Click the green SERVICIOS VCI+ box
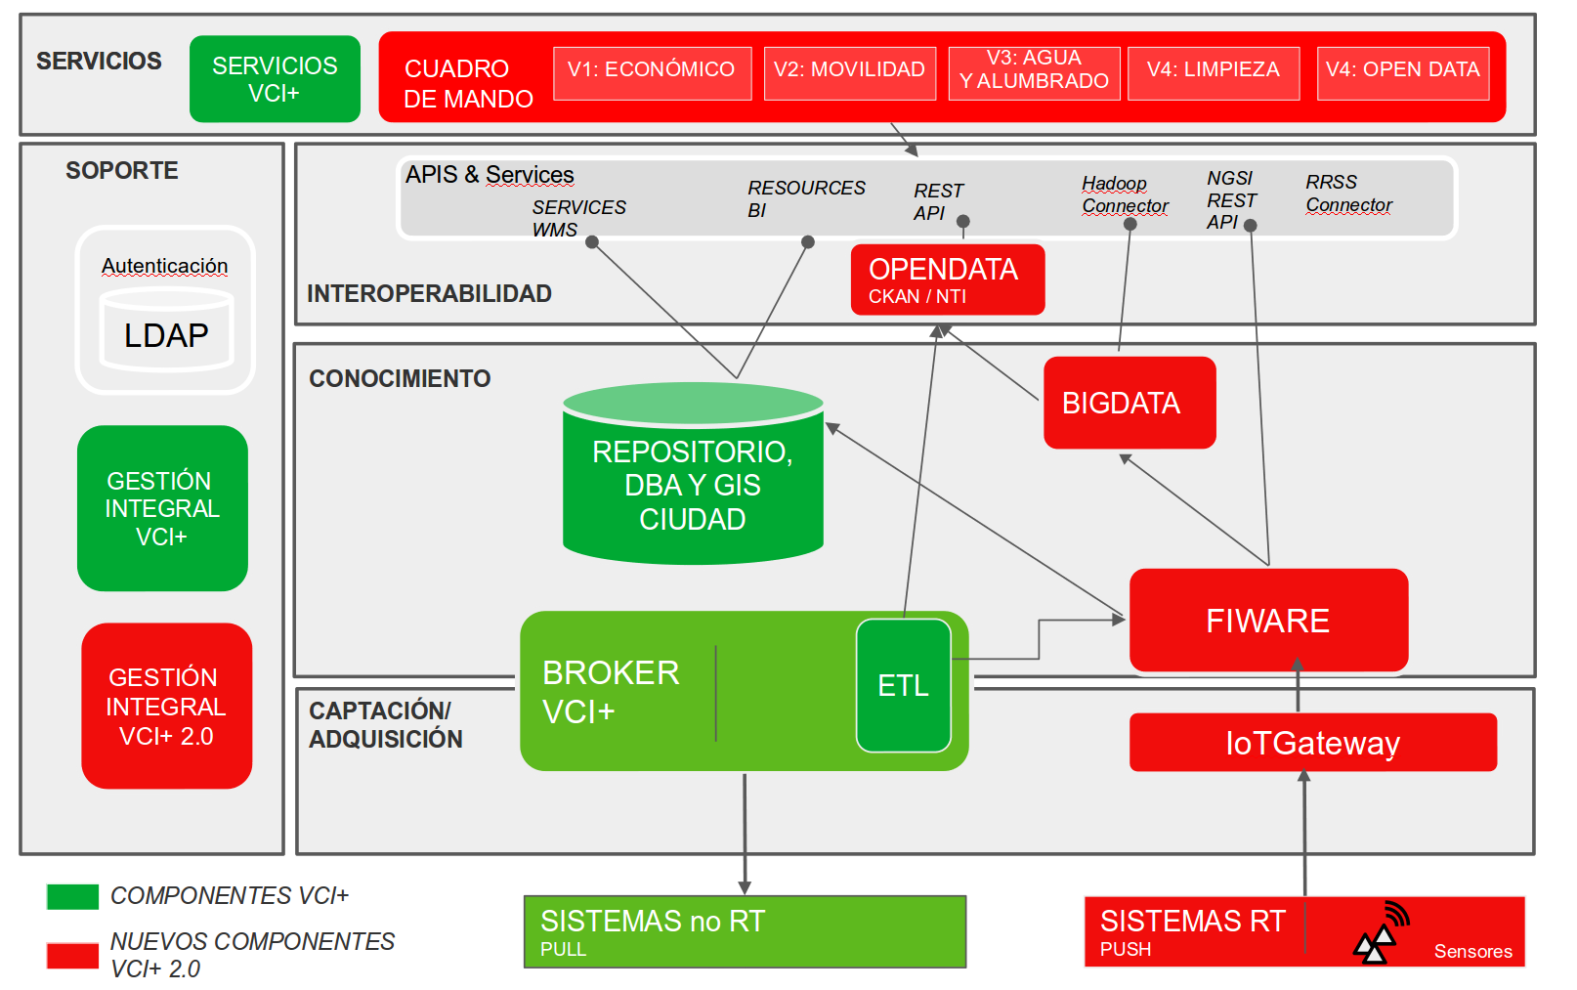(275, 79)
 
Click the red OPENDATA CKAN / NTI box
(947, 280)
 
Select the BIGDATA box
(1129, 403)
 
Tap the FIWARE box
(1267, 621)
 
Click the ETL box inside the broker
(903, 685)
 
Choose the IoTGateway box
(1312, 743)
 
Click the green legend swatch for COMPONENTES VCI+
(72, 896)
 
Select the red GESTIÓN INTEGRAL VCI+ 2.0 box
(166, 706)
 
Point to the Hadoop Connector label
(1125, 194)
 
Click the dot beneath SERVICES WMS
(592, 242)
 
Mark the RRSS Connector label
(1347, 194)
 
